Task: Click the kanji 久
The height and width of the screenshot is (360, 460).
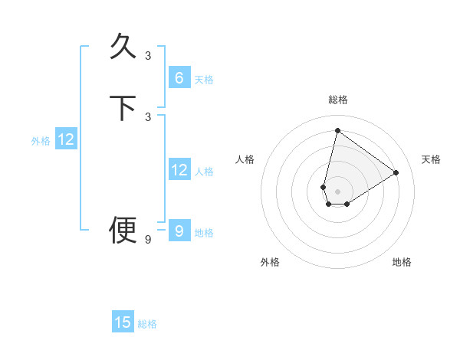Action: coord(123,45)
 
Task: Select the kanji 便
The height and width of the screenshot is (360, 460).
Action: coord(123,230)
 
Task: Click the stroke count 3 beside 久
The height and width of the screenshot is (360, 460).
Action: coord(148,55)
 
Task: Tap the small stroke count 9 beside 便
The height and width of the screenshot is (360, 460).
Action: coord(148,240)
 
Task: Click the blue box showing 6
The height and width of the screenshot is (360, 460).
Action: coord(179,78)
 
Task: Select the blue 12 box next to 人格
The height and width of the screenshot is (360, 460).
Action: coord(179,170)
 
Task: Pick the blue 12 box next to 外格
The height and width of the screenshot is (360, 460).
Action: coord(66,139)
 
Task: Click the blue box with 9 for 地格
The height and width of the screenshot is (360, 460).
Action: coord(179,231)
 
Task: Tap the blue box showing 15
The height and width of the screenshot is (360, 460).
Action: coord(123,322)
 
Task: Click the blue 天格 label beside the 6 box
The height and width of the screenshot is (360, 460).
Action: coord(204,80)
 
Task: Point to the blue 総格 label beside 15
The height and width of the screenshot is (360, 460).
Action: coord(147,324)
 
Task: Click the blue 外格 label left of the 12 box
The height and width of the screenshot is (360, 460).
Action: coord(41,141)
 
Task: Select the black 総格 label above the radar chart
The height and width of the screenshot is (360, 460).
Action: coord(337,100)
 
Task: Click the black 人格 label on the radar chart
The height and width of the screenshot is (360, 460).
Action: coord(245,159)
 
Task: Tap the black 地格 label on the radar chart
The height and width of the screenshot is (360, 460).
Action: coord(402,263)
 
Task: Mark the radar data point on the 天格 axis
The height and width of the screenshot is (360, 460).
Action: coord(396,172)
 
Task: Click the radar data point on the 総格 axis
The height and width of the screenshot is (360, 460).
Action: coord(337,130)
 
